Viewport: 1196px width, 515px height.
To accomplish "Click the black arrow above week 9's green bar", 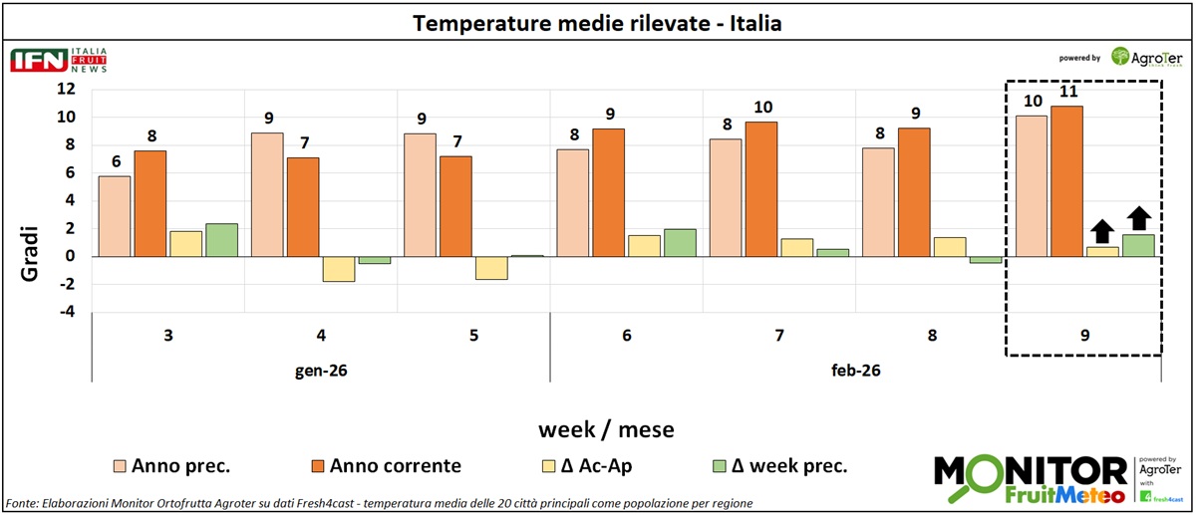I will [x=1138, y=218].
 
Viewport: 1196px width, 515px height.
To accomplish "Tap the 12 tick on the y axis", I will [x=66, y=89].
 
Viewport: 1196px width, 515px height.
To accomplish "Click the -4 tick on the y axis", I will [x=66, y=312].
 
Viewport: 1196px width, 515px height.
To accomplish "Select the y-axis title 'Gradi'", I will [x=29, y=256].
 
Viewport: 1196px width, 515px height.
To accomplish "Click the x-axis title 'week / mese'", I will [x=606, y=430].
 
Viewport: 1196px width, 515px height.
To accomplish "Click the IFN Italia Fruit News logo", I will [x=58, y=60].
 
